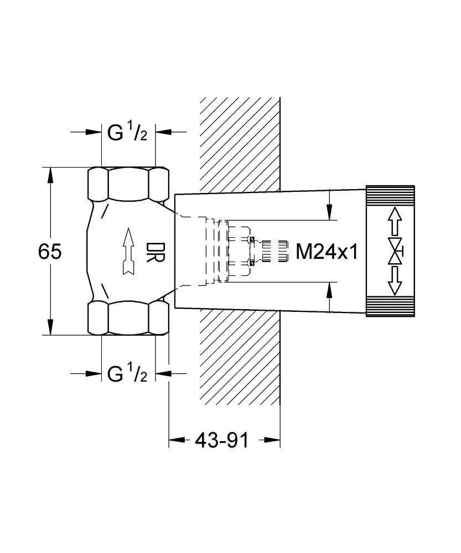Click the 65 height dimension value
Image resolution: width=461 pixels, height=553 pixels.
[x=50, y=252]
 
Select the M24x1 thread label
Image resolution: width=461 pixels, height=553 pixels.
[x=328, y=252]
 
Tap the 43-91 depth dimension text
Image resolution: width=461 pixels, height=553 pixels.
[x=222, y=440]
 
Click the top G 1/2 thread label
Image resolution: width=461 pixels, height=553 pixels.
[x=127, y=133]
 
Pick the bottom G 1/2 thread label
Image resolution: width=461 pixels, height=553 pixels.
[x=127, y=374]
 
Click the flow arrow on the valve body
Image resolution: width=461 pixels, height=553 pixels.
[x=128, y=251]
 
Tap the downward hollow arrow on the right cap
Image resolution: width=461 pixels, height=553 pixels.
[x=395, y=283]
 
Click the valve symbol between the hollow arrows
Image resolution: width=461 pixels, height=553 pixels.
[x=395, y=252]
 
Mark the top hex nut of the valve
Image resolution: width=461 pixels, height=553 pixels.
[x=128, y=184]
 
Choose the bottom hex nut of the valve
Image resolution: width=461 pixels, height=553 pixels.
[x=128, y=318]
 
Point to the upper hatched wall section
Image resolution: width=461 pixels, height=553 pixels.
[x=239, y=144]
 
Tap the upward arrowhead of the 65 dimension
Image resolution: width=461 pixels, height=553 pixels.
[x=50, y=176]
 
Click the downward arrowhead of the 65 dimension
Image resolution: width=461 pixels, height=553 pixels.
[x=50, y=327]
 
